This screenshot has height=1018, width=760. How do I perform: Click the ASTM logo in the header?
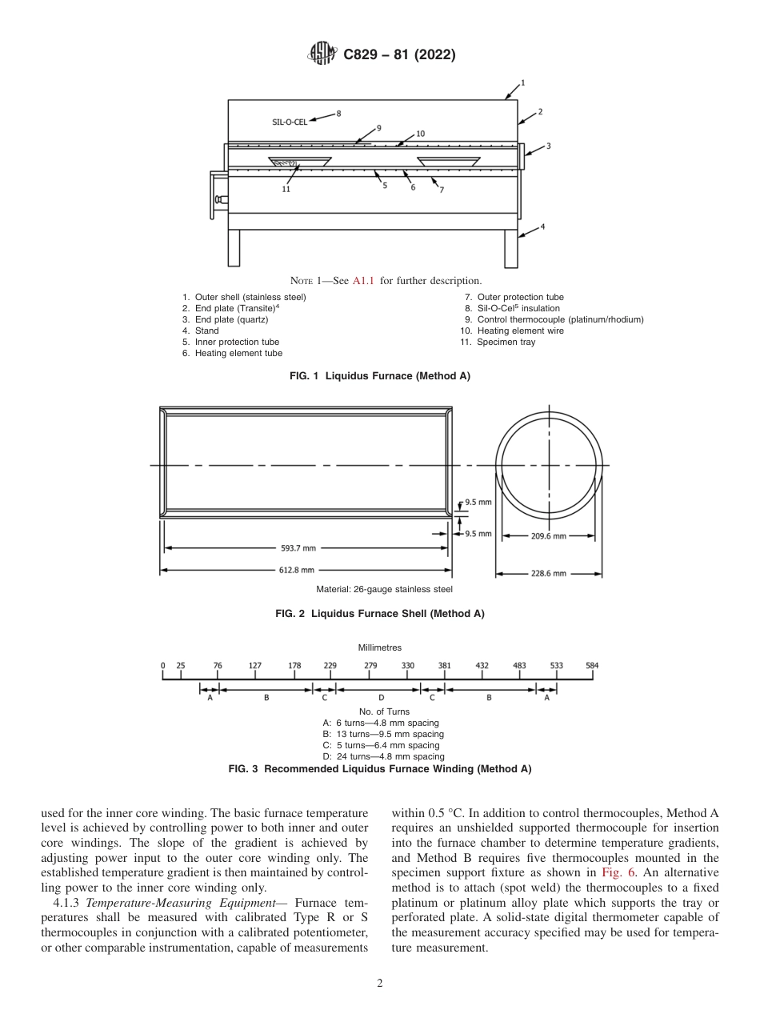coord(321,55)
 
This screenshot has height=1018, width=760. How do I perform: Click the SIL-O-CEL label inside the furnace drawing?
coord(290,122)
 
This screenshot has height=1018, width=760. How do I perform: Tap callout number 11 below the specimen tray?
coord(286,189)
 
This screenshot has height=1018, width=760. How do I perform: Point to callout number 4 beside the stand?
coord(542,226)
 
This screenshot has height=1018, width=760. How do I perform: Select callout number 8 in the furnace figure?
coord(338,114)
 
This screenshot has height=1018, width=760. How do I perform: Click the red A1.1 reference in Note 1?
coord(364,280)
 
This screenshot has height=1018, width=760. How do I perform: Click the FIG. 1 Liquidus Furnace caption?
coord(379,376)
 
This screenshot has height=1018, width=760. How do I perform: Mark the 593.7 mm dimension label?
coord(298,548)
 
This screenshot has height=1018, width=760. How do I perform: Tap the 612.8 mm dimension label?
coord(297,570)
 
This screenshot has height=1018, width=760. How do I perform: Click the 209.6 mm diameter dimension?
coord(549,536)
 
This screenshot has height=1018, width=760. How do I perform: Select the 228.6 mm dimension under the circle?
coord(549,574)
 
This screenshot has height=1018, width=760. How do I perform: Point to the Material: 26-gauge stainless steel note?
coord(384,590)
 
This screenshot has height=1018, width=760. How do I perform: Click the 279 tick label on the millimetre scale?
coord(371,665)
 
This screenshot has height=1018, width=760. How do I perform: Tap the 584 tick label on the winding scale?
coord(592,665)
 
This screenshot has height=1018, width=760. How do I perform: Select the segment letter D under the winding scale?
coord(381,697)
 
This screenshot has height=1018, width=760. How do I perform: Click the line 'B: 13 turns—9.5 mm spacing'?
coord(382,734)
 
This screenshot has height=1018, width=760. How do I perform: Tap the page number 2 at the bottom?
coord(380,984)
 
